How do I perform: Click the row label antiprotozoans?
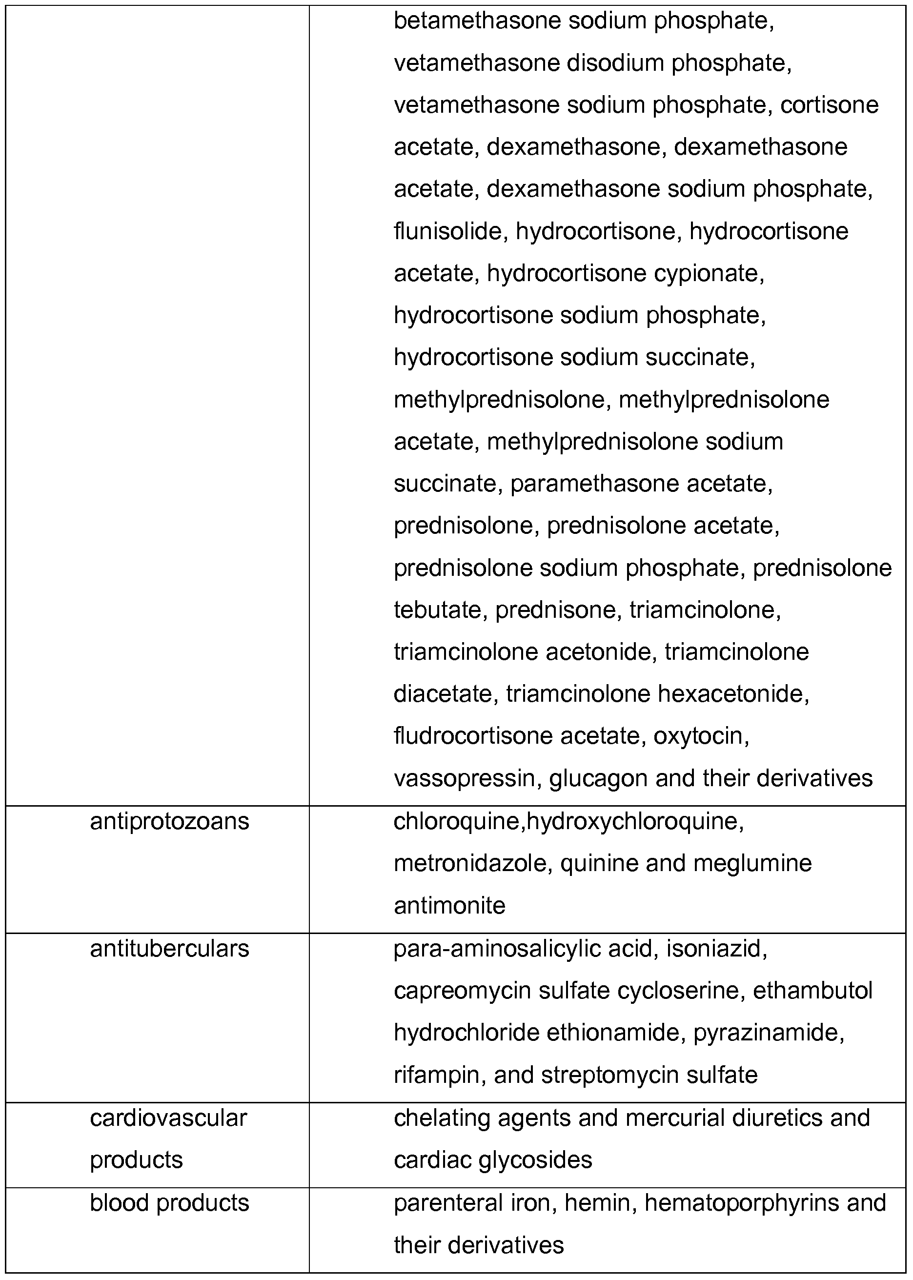pyautogui.click(x=169, y=822)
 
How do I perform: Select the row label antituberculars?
pyautogui.click(x=169, y=949)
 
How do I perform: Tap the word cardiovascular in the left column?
pyautogui.click(x=168, y=1118)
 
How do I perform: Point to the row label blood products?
pyautogui.click(x=169, y=1203)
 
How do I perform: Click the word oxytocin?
pyautogui.click(x=701, y=736)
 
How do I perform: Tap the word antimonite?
pyautogui.click(x=449, y=906)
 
